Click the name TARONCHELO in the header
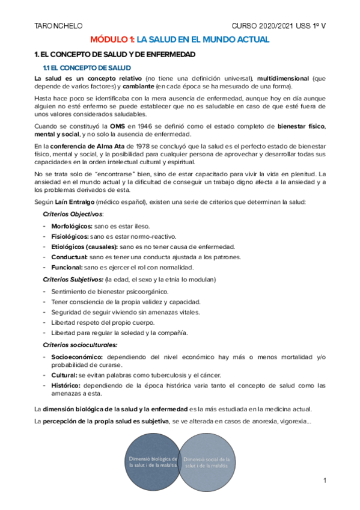[58, 25]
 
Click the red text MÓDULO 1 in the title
[112, 40]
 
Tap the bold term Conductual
[69, 257]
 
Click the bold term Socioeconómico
[76, 357]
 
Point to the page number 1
[324, 481]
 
